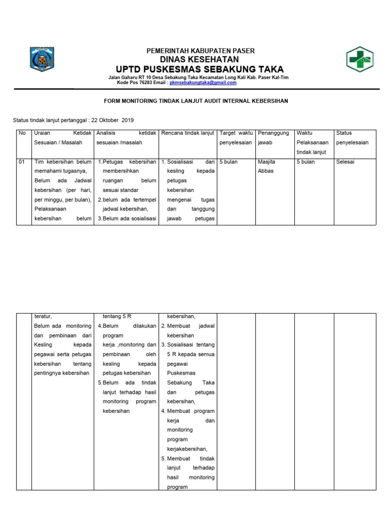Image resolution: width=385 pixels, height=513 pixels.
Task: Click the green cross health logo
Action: [360, 60]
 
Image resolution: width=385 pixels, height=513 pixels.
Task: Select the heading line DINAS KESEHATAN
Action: [200, 60]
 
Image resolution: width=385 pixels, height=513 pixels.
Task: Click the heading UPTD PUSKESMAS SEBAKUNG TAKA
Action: [200, 69]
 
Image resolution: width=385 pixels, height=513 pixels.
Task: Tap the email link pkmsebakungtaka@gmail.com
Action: [203, 83]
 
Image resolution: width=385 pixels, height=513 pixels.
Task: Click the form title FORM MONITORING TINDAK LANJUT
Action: [196, 101]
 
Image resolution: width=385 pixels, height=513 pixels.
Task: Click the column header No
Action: [22, 133]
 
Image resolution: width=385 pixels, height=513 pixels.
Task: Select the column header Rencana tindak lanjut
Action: [187, 133]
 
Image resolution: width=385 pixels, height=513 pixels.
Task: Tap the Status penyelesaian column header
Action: [352, 138]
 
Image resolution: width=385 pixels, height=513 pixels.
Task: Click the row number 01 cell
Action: [22, 162]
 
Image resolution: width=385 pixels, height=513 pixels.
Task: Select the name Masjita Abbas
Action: [266, 166]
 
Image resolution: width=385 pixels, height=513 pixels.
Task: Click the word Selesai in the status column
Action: [345, 162]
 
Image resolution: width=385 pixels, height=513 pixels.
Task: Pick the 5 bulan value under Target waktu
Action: [229, 162]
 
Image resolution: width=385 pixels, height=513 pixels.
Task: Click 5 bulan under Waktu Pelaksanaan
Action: [305, 162]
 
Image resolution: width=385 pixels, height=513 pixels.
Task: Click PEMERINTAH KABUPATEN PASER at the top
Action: [200, 51]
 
